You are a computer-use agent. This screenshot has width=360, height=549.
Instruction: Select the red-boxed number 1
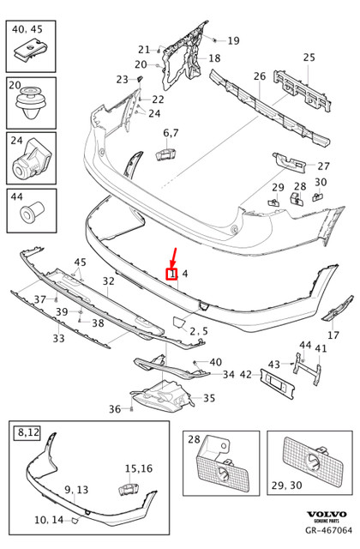click(x=171, y=274)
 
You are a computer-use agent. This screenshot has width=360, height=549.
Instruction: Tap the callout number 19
click(x=233, y=40)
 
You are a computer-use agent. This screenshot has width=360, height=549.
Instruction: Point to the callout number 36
click(x=115, y=409)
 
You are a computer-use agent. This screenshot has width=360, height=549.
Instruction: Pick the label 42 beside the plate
click(x=245, y=374)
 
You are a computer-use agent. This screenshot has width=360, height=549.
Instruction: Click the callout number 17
click(x=333, y=335)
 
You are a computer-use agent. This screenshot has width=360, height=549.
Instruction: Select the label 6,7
click(x=171, y=133)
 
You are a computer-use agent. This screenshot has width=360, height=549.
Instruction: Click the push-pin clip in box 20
click(x=32, y=105)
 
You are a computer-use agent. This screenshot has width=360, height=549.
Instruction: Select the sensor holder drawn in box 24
click(x=32, y=160)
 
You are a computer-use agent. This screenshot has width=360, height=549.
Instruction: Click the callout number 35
click(x=208, y=398)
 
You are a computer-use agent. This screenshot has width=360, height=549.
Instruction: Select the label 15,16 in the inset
click(x=138, y=468)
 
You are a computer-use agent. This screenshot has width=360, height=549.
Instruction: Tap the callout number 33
click(x=58, y=338)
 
